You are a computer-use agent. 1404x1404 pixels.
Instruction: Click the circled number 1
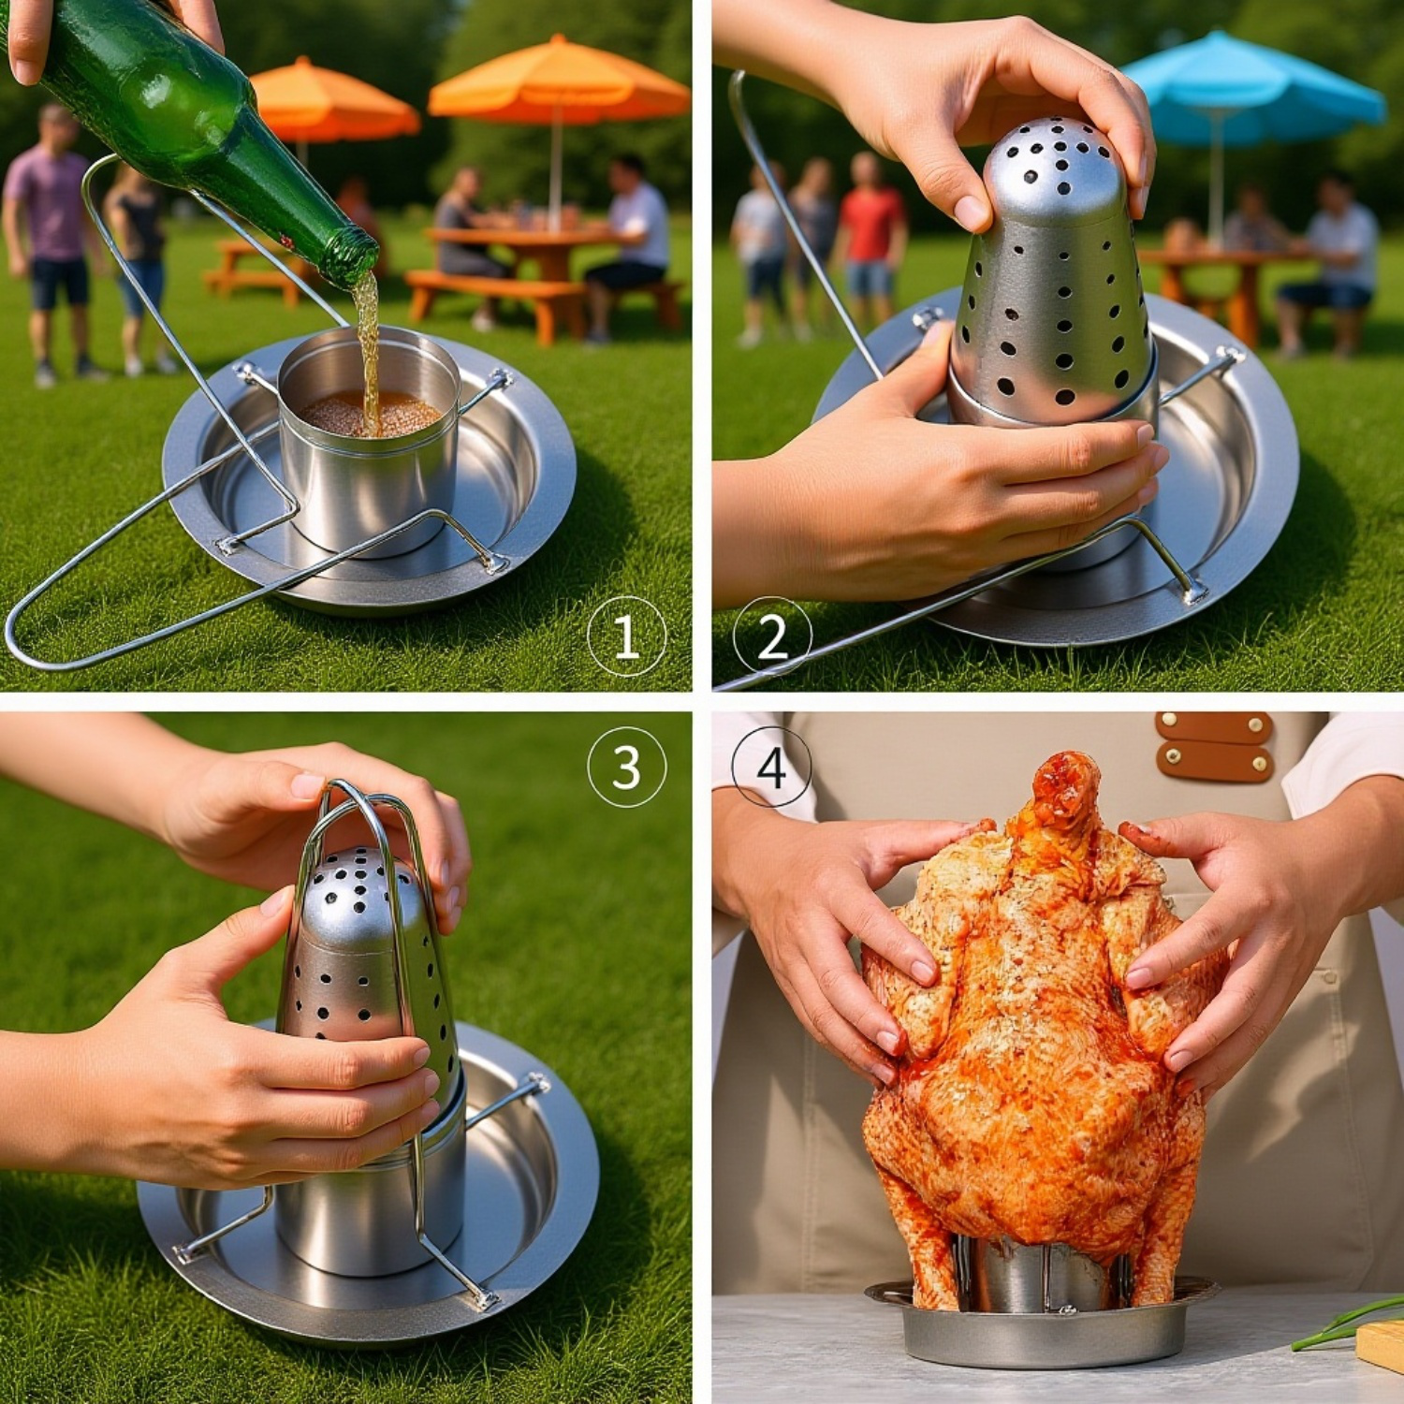click(x=626, y=636)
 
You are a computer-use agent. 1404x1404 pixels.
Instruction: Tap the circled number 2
click(x=772, y=636)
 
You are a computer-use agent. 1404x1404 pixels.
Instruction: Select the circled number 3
click(x=626, y=767)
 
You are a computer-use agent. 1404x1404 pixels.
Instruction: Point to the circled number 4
click(x=772, y=767)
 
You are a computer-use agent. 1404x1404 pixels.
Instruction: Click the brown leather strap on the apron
click(x=1214, y=747)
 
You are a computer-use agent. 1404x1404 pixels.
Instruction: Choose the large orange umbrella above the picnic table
click(x=560, y=84)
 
